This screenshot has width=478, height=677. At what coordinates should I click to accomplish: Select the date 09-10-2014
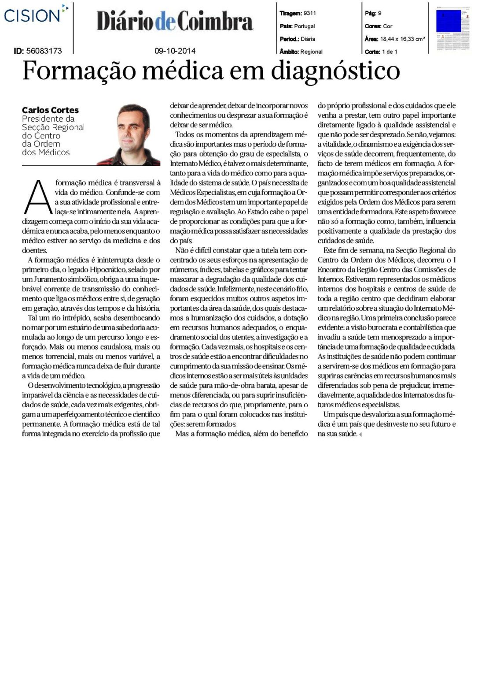tap(175, 51)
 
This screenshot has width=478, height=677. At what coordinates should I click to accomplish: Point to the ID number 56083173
tap(44, 51)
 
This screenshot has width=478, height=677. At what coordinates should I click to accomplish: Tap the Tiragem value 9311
tap(310, 13)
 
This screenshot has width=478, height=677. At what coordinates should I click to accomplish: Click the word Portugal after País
tap(304, 26)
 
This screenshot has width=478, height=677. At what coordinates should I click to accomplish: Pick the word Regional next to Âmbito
tap(311, 52)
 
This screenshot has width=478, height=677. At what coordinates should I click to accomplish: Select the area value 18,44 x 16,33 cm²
tap(402, 39)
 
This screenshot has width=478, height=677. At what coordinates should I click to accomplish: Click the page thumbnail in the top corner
tap(453, 29)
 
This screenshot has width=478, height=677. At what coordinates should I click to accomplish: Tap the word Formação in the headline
tap(73, 71)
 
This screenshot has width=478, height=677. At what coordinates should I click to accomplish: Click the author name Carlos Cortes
tap(50, 110)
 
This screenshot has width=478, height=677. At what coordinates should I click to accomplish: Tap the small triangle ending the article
tap(360, 435)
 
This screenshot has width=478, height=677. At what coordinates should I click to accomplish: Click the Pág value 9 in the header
tap(379, 13)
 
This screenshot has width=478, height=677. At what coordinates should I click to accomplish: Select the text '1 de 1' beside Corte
tap(390, 52)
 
